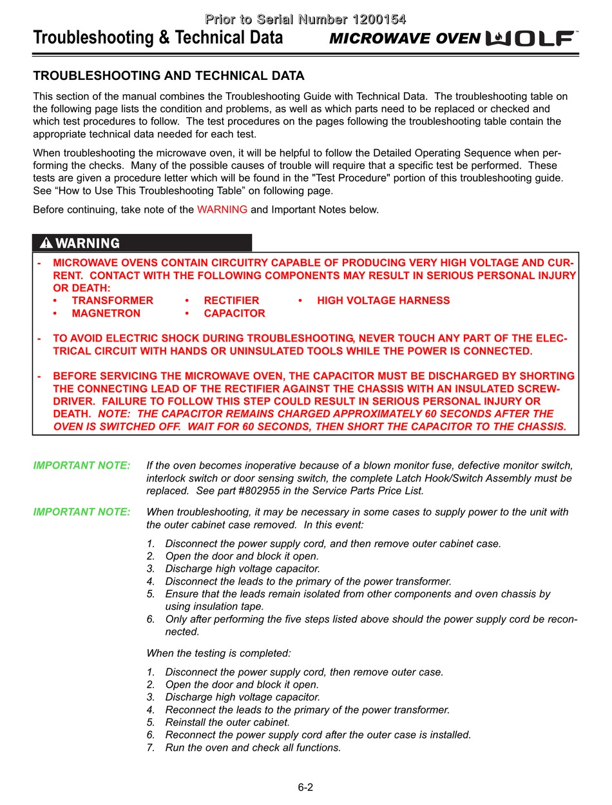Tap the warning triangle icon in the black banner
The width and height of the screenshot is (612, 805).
click(x=46, y=243)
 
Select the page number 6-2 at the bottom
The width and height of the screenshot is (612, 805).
click(x=305, y=787)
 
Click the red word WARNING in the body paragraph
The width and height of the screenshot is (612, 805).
click(x=222, y=209)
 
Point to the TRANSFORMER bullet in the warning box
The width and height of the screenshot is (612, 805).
click(x=112, y=300)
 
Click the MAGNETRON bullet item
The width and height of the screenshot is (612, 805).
click(x=106, y=313)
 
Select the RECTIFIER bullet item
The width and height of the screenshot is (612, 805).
click(x=231, y=300)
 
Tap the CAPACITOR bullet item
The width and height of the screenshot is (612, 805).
click(x=234, y=313)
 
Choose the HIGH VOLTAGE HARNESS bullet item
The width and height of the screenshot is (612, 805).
click(x=383, y=300)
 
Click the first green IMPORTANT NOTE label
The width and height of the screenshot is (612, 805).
click(x=82, y=465)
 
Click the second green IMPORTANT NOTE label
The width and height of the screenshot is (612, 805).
click(x=82, y=512)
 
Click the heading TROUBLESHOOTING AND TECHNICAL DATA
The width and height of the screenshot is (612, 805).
click(x=168, y=76)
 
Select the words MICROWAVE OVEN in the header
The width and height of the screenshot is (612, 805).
click(x=405, y=39)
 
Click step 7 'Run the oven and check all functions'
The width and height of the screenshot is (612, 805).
click(x=253, y=748)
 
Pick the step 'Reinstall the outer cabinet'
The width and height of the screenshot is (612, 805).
click(x=227, y=723)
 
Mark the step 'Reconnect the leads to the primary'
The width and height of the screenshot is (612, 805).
click(x=307, y=710)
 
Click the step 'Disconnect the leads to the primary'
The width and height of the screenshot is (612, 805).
click(x=308, y=581)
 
